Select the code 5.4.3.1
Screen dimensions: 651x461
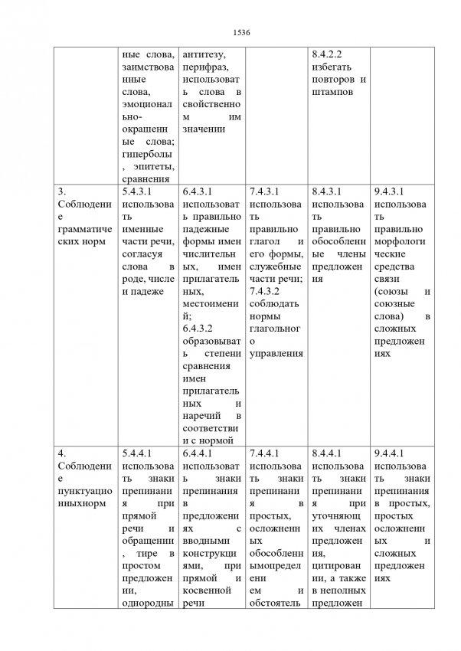click(x=139, y=191)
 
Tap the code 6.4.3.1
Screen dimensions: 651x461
click(x=199, y=191)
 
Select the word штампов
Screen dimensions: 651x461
click(x=332, y=92)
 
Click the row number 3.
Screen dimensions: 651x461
click(x=62, y=191)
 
